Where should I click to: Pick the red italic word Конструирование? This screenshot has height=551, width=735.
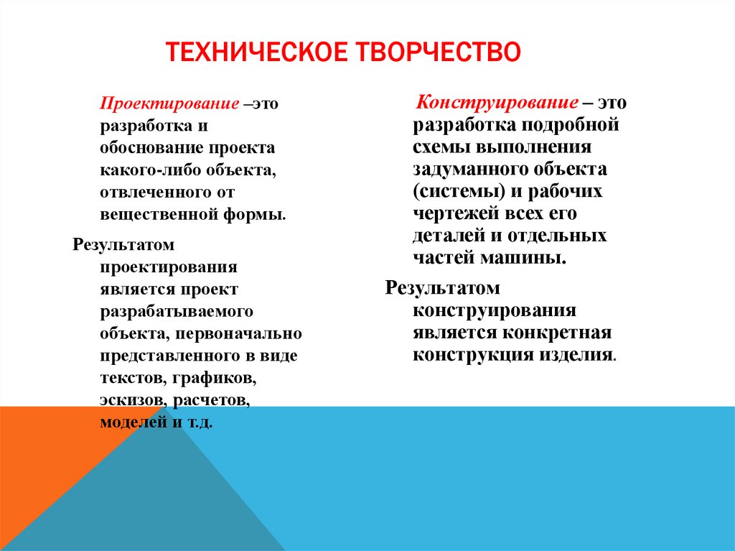497,102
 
